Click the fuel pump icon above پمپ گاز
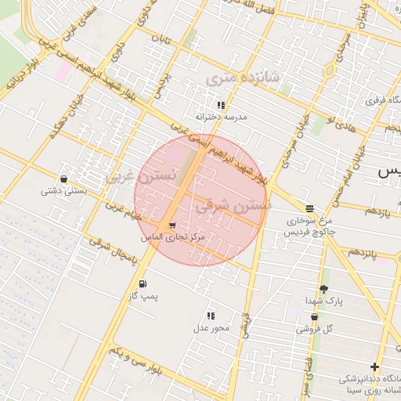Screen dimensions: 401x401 tap(143, 284)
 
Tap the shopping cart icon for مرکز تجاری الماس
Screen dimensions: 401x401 tap(172, 226)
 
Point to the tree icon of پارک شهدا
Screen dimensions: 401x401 tap(323, 289)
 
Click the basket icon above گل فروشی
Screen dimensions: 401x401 tap(314, 317)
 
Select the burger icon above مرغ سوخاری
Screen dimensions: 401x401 tap(310, 208)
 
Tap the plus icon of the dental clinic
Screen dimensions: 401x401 tap(375, 367)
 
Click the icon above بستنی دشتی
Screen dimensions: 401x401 tap(63, 179)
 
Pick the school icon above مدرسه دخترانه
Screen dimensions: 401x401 tap(222, 104)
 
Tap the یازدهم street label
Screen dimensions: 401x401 tap(376, 212)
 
